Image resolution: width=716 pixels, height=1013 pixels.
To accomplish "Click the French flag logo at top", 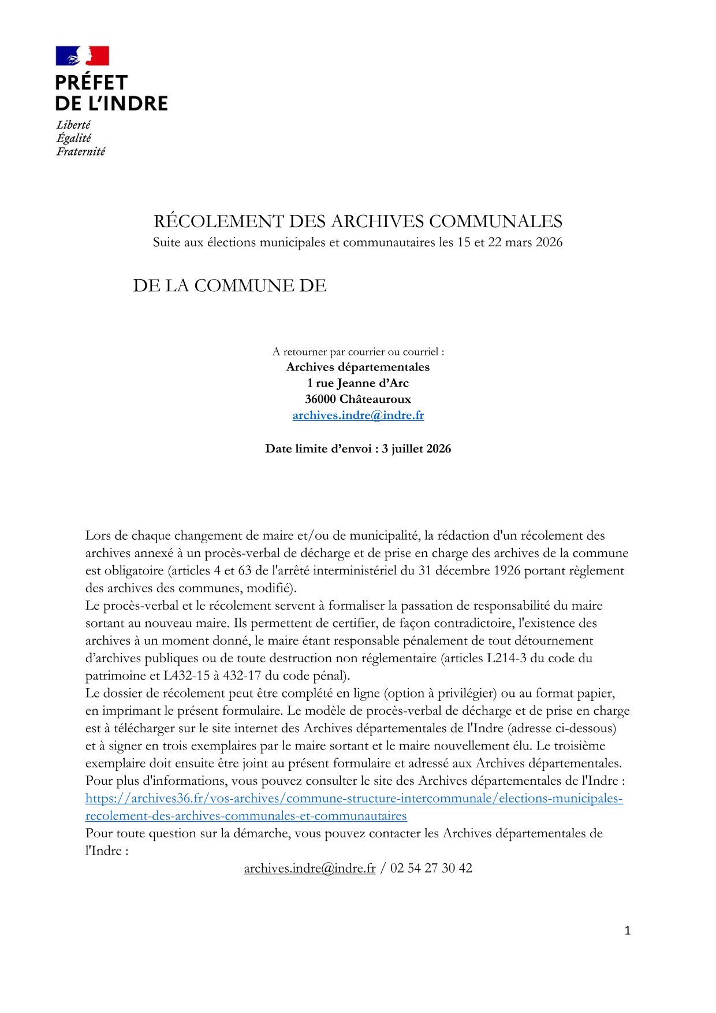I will coord(82,56).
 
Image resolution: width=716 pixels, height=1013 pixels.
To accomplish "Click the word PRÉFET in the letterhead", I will coord(91,83).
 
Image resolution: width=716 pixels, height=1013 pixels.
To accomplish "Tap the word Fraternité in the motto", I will coord(80,151).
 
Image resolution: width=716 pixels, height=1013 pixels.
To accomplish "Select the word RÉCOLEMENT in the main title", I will coord(217,221).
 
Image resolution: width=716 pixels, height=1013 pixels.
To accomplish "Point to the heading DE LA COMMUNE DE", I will coord(230,285).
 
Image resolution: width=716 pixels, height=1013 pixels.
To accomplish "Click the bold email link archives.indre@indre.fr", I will coord(358,415).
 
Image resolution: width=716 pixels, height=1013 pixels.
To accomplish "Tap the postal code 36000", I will coord(320,399).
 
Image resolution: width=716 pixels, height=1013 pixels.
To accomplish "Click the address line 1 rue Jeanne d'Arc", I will coord(358,383).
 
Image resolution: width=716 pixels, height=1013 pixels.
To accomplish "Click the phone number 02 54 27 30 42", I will coord(431,868).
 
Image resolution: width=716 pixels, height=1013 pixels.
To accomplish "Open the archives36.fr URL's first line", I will coord(354,798).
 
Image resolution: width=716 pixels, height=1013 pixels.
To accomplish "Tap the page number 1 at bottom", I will coord(628,930).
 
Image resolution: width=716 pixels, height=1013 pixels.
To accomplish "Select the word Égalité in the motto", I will coord(73,138).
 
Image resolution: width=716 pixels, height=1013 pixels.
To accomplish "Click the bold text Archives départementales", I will coord(358,367).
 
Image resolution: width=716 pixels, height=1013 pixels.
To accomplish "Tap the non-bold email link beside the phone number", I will coord(309,868).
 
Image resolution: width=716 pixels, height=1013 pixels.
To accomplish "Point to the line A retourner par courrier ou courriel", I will coord(358,351).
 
